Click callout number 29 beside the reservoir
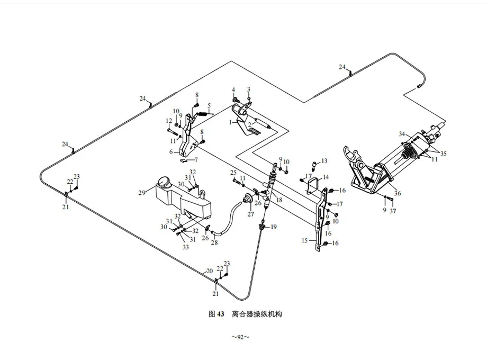pos(142,193)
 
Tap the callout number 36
pos(398,193)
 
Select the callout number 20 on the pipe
pos(209,271)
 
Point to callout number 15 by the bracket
pos(304,240)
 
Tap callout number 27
pos(250,215)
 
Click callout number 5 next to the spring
pos(209,105)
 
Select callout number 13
pos(324,160)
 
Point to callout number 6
pos(171,152)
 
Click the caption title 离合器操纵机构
pos(257,314)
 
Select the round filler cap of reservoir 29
pos(164,183)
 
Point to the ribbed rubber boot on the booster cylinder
pos(408,155)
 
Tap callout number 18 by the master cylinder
pos(278,201)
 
